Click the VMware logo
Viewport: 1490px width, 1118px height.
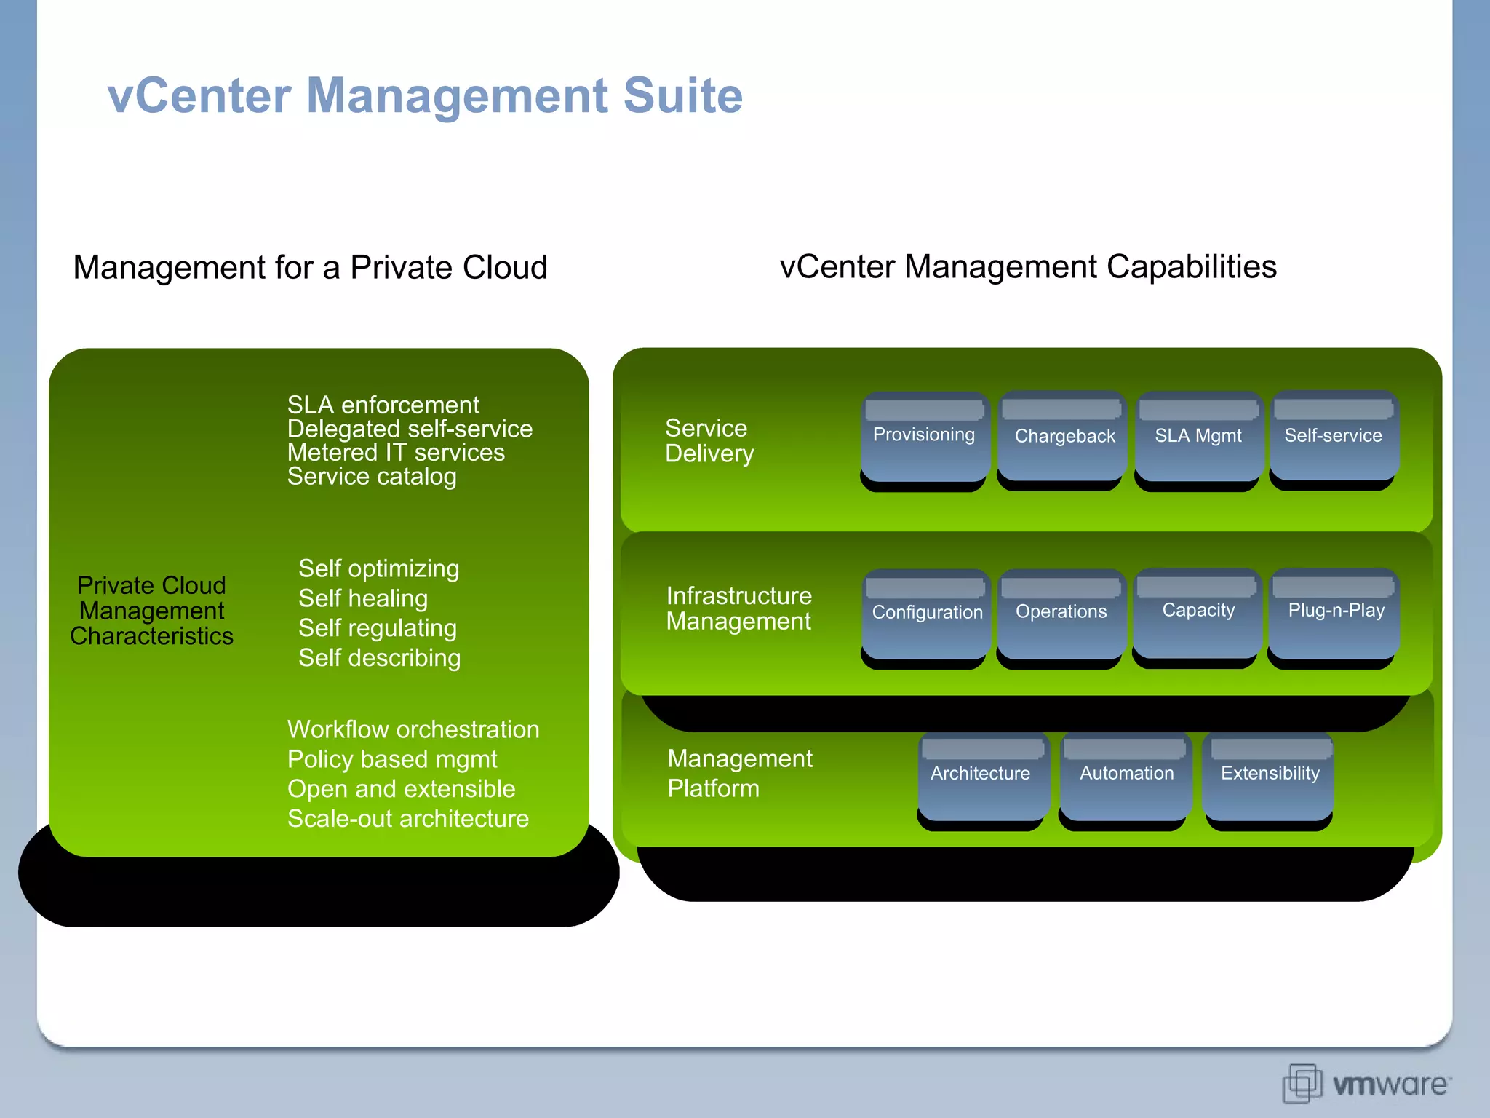(x=1366, y=1084)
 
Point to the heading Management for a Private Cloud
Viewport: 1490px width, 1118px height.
(x=310, y=267)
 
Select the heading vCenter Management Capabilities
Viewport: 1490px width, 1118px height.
(x=1027, y=266)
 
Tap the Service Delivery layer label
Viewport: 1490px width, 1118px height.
(x=709, y=440)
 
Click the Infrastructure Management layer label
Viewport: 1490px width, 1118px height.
(x=738, y=608)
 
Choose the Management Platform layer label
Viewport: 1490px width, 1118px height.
(x=739, y=773)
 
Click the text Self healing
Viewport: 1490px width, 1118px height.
(x=363, y=598)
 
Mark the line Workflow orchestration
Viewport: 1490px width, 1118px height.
(x=413, y=729)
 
